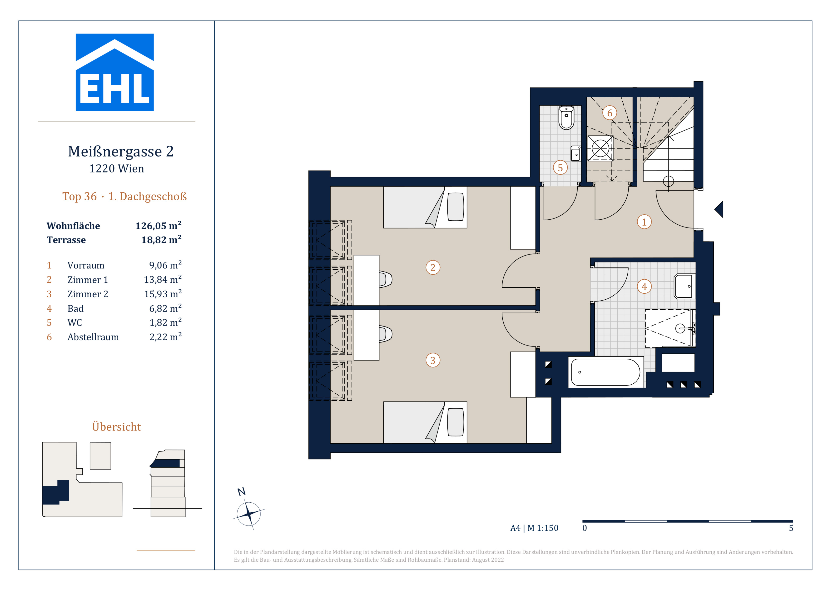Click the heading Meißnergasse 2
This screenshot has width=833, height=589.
coord(121,151)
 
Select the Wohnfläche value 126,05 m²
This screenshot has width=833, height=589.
coord(158,226)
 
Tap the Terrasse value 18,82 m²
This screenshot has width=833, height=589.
coord(161,240)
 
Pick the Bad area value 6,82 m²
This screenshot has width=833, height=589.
coord(165,308)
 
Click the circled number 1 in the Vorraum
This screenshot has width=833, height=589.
coord(644,222)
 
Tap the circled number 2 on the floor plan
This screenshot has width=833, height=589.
coord(433,268)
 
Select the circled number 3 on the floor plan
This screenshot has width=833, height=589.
coord(433,361)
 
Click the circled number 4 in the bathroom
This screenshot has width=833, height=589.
coord(644,287)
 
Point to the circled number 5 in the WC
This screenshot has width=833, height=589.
coord(560,168)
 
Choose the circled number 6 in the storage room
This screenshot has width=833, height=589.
coord(610,113)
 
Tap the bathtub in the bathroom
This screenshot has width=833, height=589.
coord(606,372)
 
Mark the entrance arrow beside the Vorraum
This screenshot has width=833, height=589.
coord(719,209)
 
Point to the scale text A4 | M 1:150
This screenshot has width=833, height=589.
coord(534,528)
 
